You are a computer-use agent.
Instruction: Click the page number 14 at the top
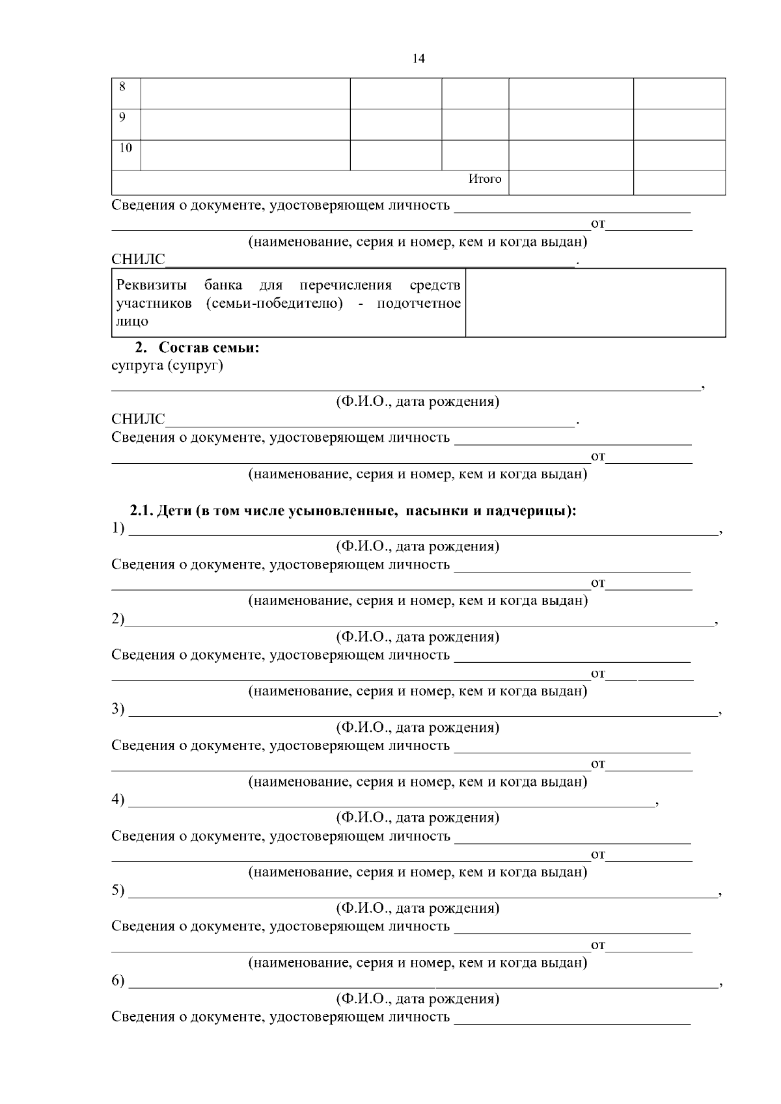[418, 59]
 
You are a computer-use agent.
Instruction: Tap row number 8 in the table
[122, 87]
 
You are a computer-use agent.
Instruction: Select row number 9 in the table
[122, 117]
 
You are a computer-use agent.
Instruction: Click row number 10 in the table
[125, 148]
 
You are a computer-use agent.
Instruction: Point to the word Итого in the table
[485, 179]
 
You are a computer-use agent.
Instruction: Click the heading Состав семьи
[209, 347]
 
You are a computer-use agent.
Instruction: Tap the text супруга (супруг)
[167, 366]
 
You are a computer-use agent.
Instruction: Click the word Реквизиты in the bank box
[151, 285]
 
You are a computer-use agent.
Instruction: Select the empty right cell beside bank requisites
[595, 303]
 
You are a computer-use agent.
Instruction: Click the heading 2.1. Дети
[353, 511]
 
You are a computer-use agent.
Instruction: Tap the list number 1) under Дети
[118, 528]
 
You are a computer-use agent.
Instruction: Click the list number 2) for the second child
[118, 619]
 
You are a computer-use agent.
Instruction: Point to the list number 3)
[118, 709]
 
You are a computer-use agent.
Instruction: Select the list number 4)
[118, 800]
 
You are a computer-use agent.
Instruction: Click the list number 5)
[118, 890]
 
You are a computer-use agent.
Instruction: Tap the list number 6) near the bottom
[118, 980]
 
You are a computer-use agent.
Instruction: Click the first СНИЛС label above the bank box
[138, 260]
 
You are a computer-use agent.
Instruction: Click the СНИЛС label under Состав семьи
[138, 420]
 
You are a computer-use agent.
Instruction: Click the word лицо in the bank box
[132, 321]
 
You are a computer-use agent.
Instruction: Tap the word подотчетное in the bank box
[418, 303]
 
